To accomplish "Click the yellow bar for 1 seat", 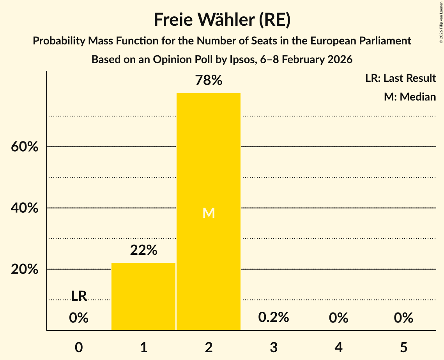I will coord(143,296).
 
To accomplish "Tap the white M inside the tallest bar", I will coord(209,213).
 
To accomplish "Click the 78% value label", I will coord(209,81).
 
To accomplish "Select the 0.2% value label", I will coord(274,318).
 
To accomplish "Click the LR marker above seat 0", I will coord(79,296).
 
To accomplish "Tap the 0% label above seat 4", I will coord(338,318).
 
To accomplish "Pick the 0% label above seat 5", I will coord(403,318).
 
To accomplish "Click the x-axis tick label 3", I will coord(274,347).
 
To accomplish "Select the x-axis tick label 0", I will coord(79,347).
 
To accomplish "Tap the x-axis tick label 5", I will coord(403,347).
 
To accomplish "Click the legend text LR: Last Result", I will coord(400,78).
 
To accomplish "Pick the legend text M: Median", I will coord(410,97).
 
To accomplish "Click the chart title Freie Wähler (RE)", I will coord(222,20).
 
